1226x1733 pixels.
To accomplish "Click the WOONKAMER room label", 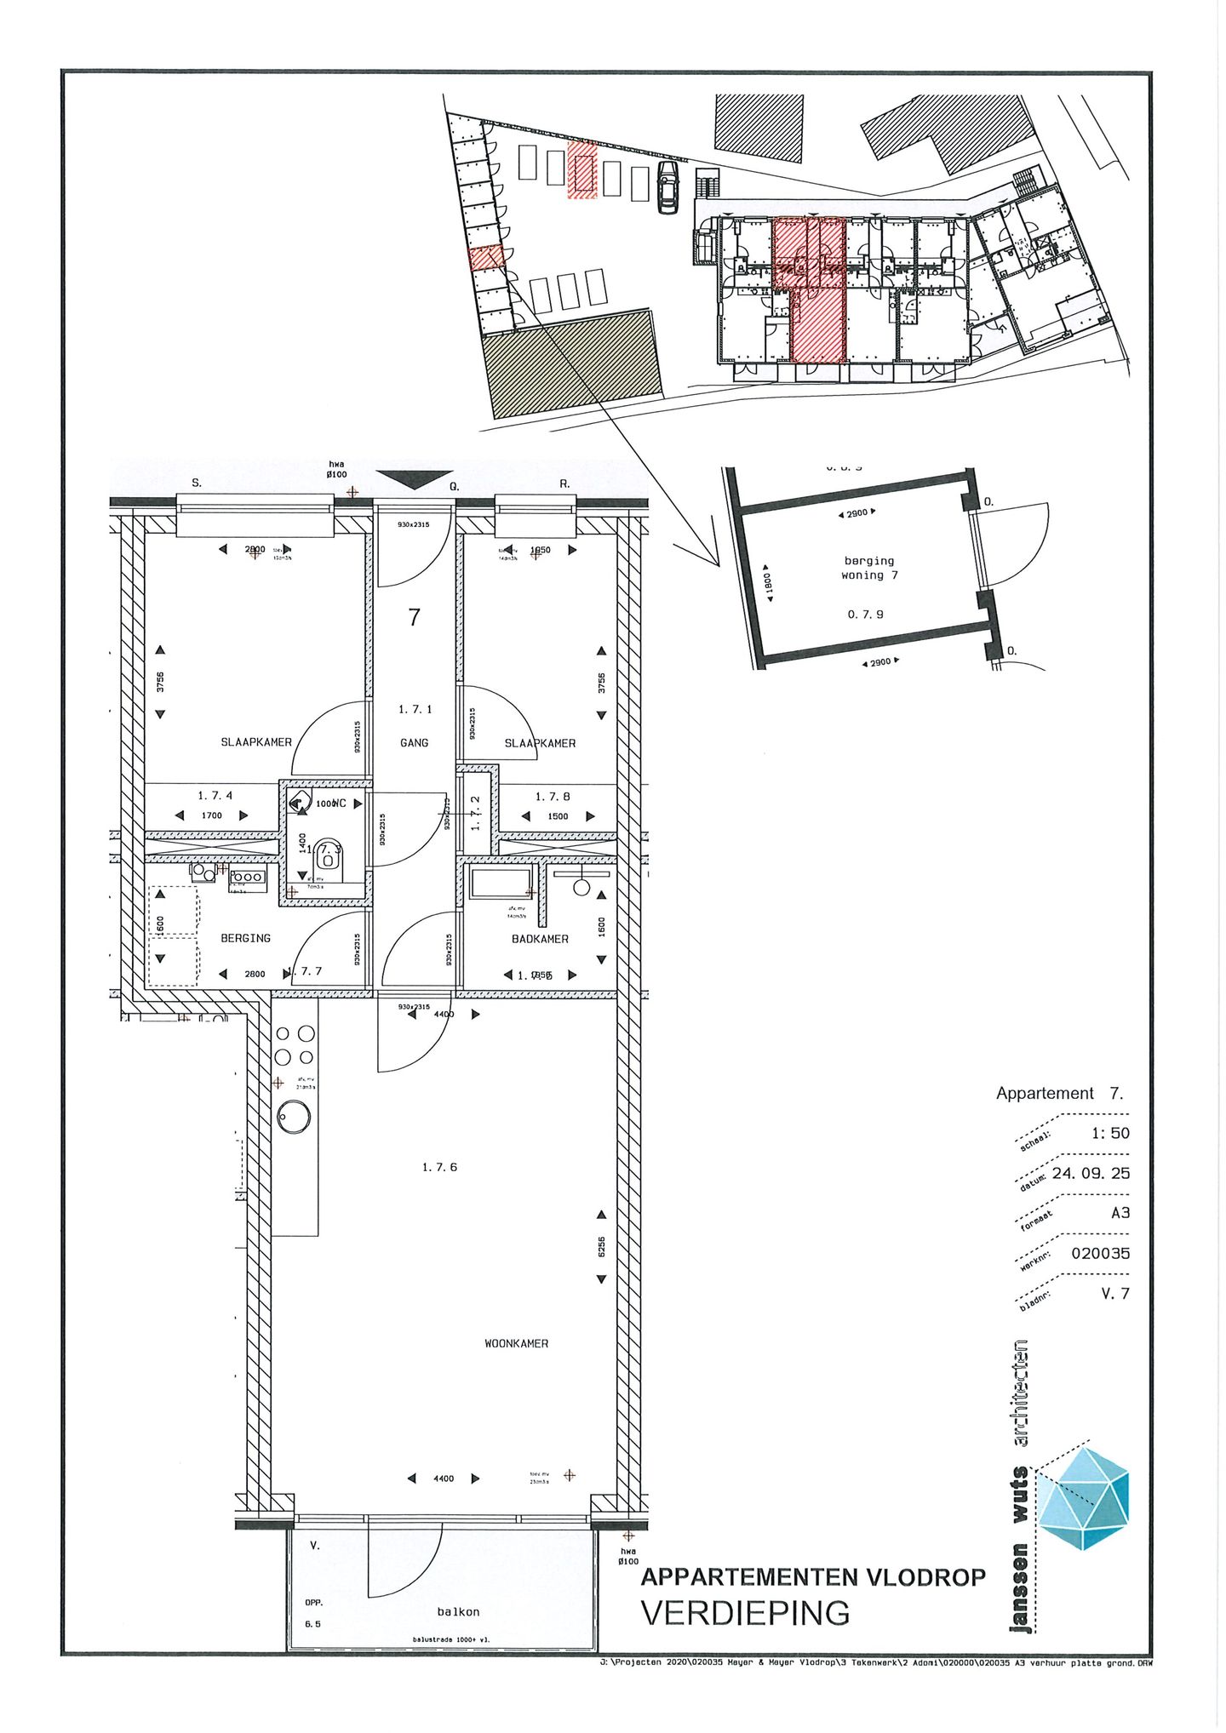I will pos(516,1343).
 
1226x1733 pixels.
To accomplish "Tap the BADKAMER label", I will pos(540,939).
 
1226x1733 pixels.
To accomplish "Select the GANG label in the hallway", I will pos(415,743).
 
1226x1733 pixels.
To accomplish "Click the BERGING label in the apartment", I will pos(245,938).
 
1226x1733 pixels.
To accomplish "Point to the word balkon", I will pos(458,1611).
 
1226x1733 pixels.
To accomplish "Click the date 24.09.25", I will pos(1091,1173).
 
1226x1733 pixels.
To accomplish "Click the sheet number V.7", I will pos(1114,1293).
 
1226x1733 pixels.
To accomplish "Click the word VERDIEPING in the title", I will pos(745,1613).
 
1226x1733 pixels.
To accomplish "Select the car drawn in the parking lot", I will pos(668,187).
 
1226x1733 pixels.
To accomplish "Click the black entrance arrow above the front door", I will pos(415,479).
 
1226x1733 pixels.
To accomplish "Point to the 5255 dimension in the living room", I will pos(601,1247).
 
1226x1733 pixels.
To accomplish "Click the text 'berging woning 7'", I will pos(869,568).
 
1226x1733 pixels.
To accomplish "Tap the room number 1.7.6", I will pos(439,1167).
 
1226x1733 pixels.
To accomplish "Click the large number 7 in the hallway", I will pos(415,617).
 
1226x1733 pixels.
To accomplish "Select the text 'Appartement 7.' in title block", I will pos(1059,1093).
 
